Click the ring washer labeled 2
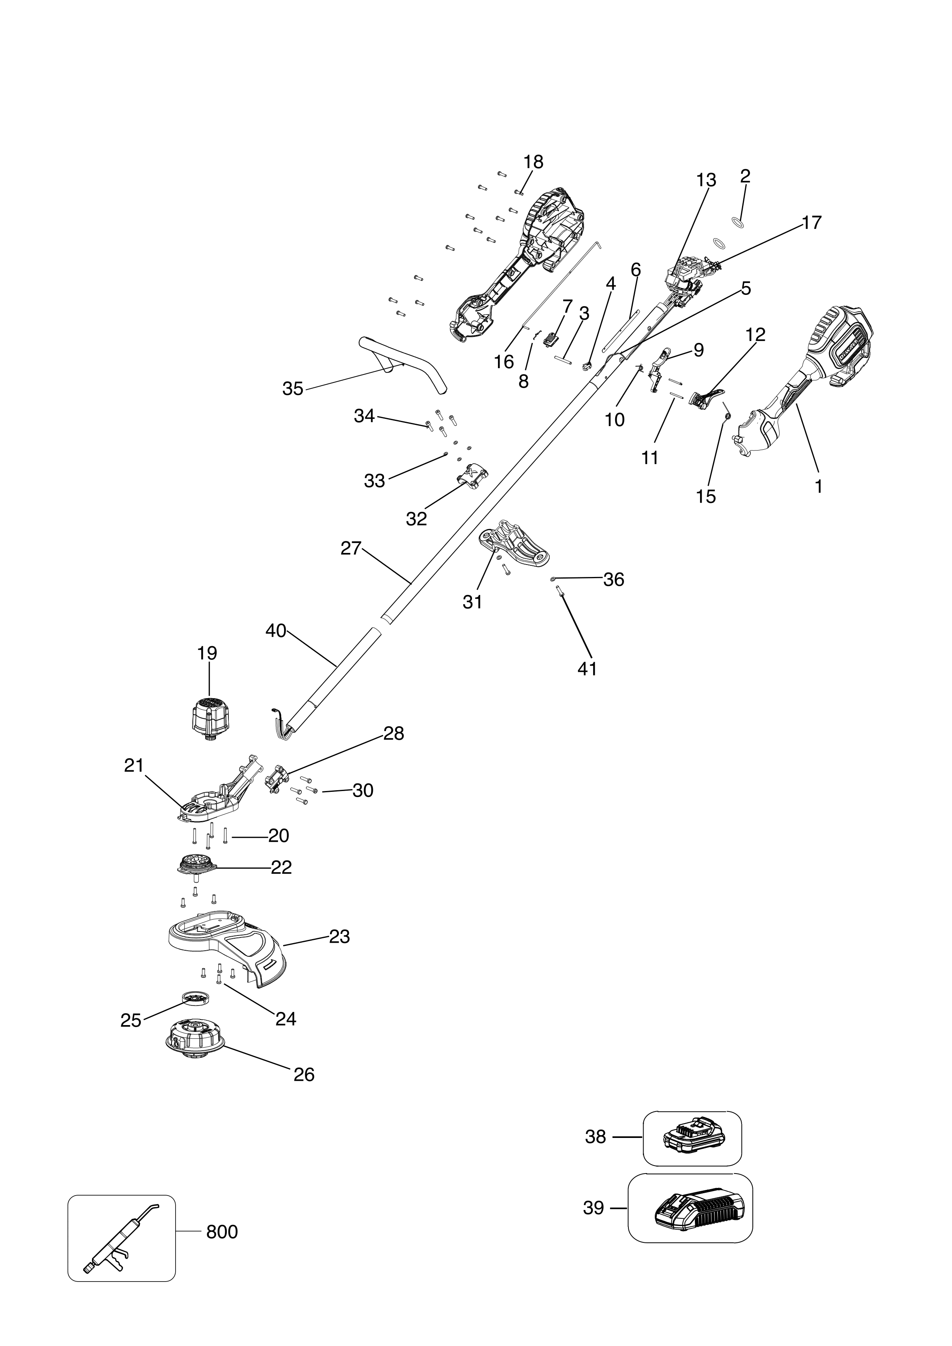738,223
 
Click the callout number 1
818,486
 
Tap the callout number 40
276,631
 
